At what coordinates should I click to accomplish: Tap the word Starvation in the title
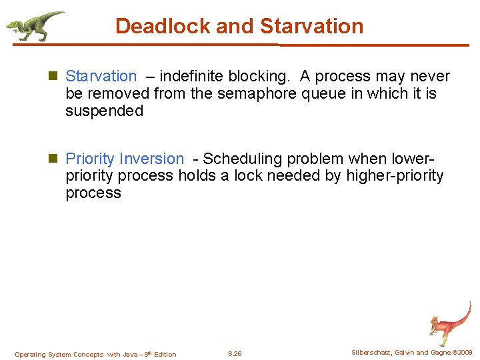click(x=311, y=26)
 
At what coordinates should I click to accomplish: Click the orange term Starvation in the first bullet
click(x=101, y=77)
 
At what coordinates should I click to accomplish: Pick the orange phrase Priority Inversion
click(x=125, y=159)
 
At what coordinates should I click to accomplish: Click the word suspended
click(x=104, y=111)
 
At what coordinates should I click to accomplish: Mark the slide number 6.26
click(x=235, y=354)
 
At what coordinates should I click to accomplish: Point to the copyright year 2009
click(x=463, y=352)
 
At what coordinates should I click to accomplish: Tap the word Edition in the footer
click(x=165, y=355)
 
